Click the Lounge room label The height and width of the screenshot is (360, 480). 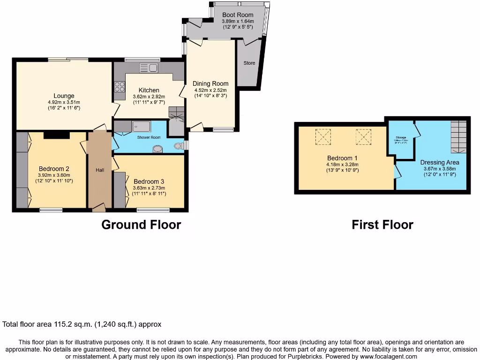pos(64,96)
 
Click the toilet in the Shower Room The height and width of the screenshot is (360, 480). pos(179,146)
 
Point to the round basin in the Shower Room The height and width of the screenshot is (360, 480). pos(158,149)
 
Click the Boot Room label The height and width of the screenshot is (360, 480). pos(238,15)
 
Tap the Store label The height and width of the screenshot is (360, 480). pos(249,63)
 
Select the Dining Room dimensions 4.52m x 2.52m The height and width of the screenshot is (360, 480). pos(210,90)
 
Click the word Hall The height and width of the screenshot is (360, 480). pos(100,170)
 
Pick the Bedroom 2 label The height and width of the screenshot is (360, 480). pos(54,169)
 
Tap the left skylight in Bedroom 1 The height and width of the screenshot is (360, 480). pos(323,136)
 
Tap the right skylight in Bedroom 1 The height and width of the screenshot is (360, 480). pos(363,136)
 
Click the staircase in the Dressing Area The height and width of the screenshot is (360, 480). pos(459,137)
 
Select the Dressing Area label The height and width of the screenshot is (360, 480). pos(439,162)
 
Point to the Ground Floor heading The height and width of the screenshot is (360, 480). pos(141,225)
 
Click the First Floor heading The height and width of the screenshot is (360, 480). pos(382,225)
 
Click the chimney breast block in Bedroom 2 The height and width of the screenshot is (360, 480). pos(56,135)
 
